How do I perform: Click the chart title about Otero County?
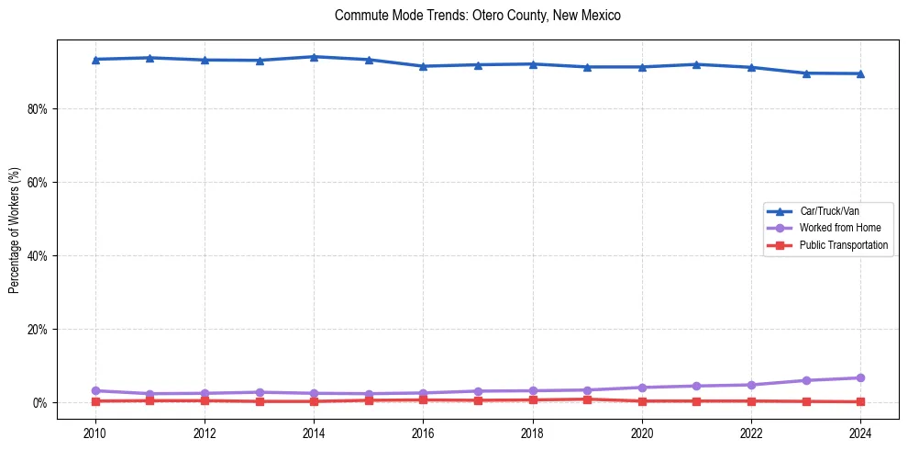coord(478,16)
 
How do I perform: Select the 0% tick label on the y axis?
coord(41,402)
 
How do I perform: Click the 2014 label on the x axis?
coord(314,432)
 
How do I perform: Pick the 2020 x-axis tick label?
coord(642,432)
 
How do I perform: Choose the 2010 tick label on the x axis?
coord(95,432)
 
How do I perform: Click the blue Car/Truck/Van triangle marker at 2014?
coord(314,57)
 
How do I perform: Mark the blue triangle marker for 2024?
coord(860,73)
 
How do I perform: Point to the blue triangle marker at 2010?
coord(95,60)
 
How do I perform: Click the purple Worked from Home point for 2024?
coord(860,377)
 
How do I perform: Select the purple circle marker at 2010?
coord(95,390)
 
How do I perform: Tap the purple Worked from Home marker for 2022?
coord(751,385)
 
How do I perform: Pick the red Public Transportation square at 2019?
coord(587,399)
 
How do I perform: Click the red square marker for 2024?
coord(860,401)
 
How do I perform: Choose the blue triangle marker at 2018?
coord(533,64)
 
